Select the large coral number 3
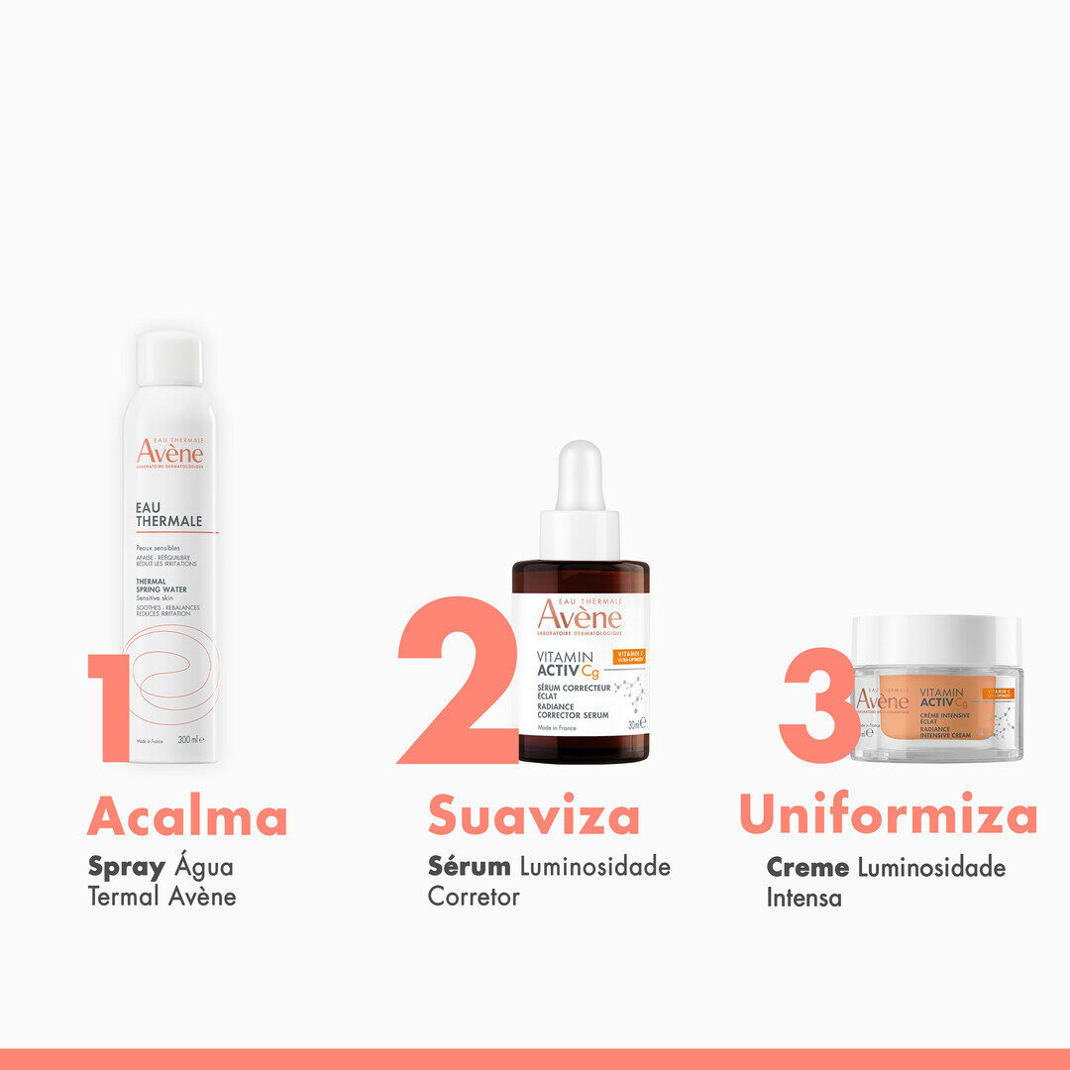pyautogui.click(x=817, y=704)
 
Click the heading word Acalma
pyautogui.click(x=187, y=818)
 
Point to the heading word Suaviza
pyautogui.click(x=533, y=818)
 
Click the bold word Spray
pyautogui.click(x=126, y=868)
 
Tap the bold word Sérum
pyautogui.click(x=469, y=867)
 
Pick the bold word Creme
pyautogui.click(x=807, y=868)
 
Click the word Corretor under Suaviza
pyautogui.click(x=474, y=897)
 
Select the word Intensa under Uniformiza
pyautogui.click(x=804, y=898)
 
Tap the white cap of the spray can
pyautogui.click(x=169, y=359)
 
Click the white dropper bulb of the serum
pyautogui.click(x=580, y=476)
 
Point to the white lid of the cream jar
pyautogui.click(x=936, y=640)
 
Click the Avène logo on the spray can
pyautogui.click(x=170, y=453)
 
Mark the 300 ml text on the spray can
pyautogui.click(x=189, y=740)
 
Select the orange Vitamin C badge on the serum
pyautogui.click(x=630, y=657)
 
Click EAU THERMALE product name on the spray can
pyautogui.click(x=168, y=513)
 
